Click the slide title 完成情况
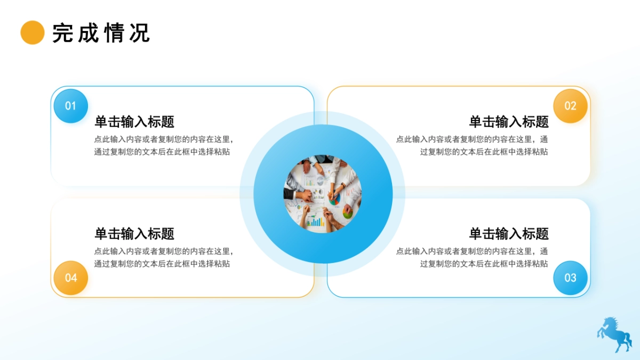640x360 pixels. tap(101, 33)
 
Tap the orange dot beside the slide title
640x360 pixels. tap(32, 33)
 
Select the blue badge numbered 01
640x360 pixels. tap(70, 106)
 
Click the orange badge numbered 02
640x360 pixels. tap(570, 106)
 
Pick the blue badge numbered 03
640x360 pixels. tap(570, 277)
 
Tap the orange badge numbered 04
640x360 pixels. tap(70, 277)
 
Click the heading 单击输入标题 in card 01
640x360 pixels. tap(134, 122)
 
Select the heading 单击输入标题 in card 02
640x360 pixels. tap(508, 122)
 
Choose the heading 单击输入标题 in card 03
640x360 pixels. tap(508, 234)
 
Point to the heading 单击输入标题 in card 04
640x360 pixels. tap(134, 234)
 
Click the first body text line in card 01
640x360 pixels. tap(164, 139)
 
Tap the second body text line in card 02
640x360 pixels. tap(484, 151)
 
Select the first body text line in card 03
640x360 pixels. tap(471, 251)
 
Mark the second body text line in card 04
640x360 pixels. tap(162, 263)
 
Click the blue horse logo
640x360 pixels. tap(614, 334)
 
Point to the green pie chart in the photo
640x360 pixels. tap(348, 214)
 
